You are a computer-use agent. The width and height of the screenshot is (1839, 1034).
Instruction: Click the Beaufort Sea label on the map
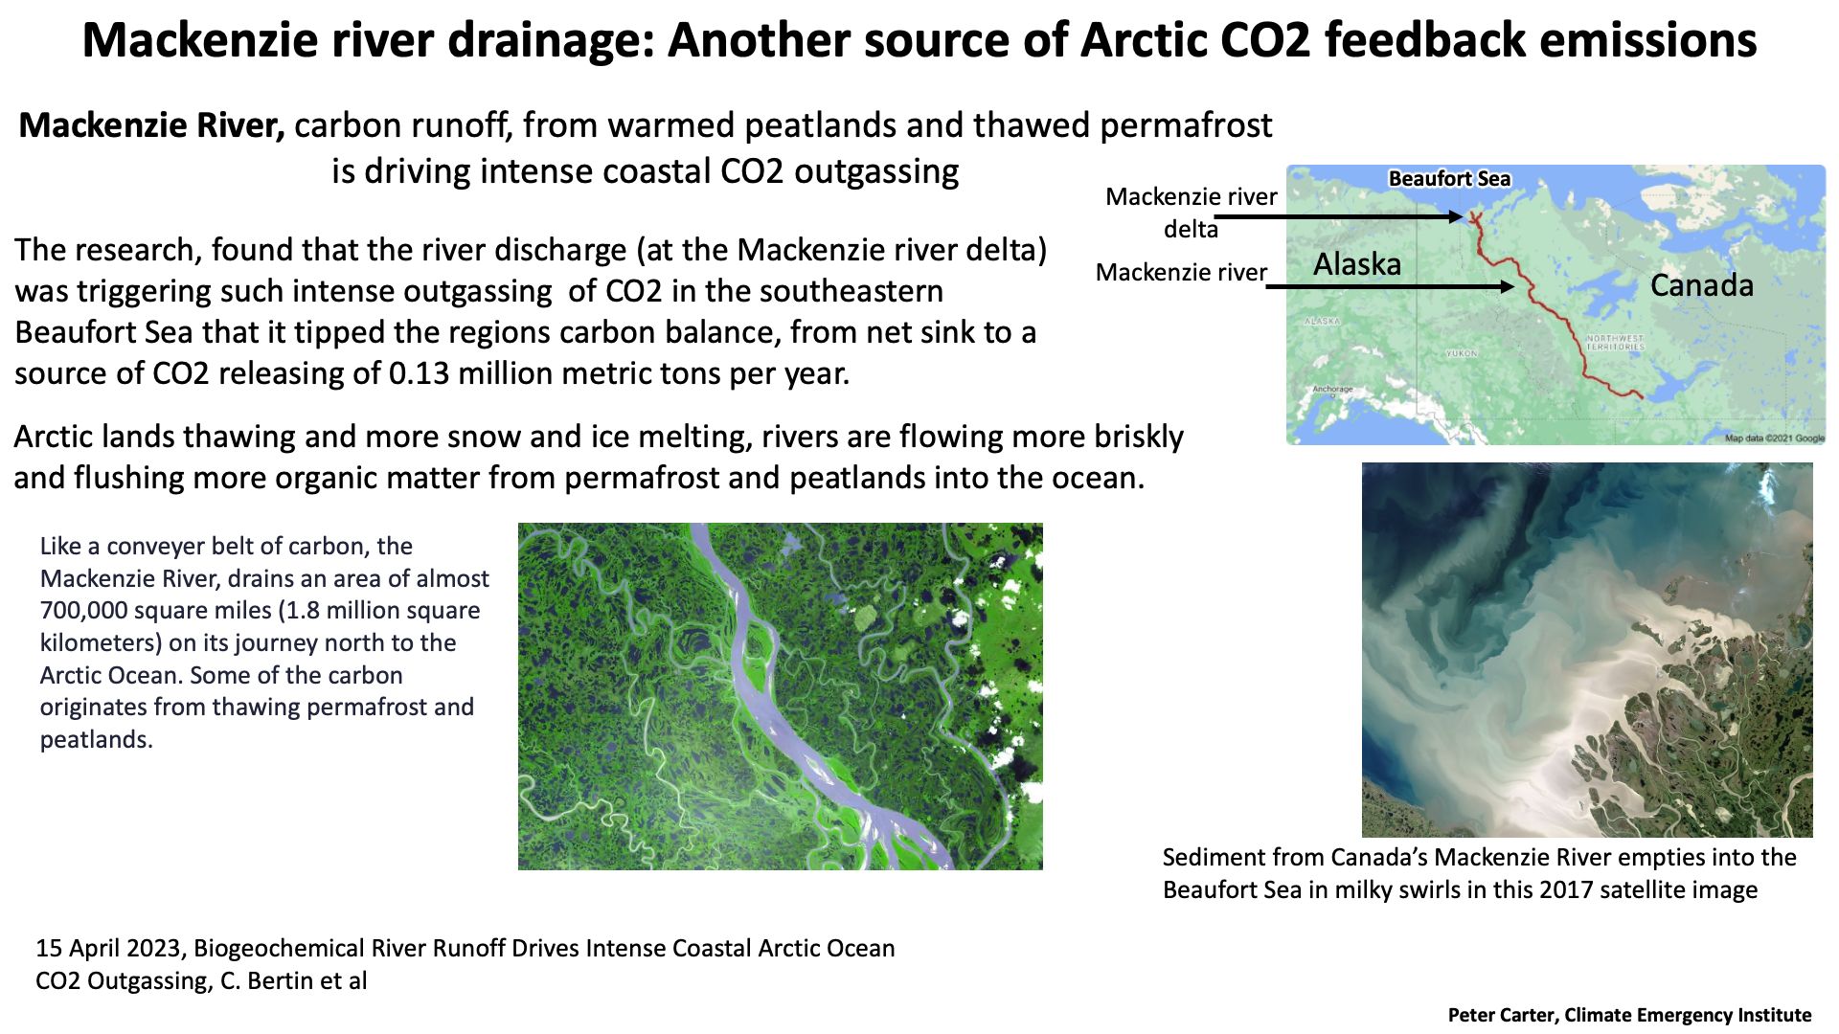[x=1449, y=179]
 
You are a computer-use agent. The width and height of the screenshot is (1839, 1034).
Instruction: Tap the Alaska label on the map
[x=1356, y=264]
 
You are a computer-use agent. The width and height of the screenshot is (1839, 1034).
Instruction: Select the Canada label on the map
[x=1701, y=285]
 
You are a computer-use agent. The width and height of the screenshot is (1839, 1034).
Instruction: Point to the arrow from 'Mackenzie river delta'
[x=1339, y=217]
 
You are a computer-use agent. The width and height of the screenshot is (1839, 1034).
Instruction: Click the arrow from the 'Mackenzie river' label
[x=1390, y=286]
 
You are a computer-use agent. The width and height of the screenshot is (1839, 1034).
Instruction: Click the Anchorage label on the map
[x=1332, y=390]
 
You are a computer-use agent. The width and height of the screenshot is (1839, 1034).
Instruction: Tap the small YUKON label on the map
[x=1462, y=354]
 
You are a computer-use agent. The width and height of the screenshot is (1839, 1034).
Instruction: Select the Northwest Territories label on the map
[x=1615, y=343]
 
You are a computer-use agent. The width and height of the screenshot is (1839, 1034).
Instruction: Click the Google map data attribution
[x=1775, y=438]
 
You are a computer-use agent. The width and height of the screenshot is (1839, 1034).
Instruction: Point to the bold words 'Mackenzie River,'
[x=151, y=125]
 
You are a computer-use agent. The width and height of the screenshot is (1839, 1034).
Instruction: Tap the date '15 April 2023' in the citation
[x=108, y=949]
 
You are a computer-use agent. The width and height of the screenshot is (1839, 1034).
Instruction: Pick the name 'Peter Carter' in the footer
[x=1501, y=1016]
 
